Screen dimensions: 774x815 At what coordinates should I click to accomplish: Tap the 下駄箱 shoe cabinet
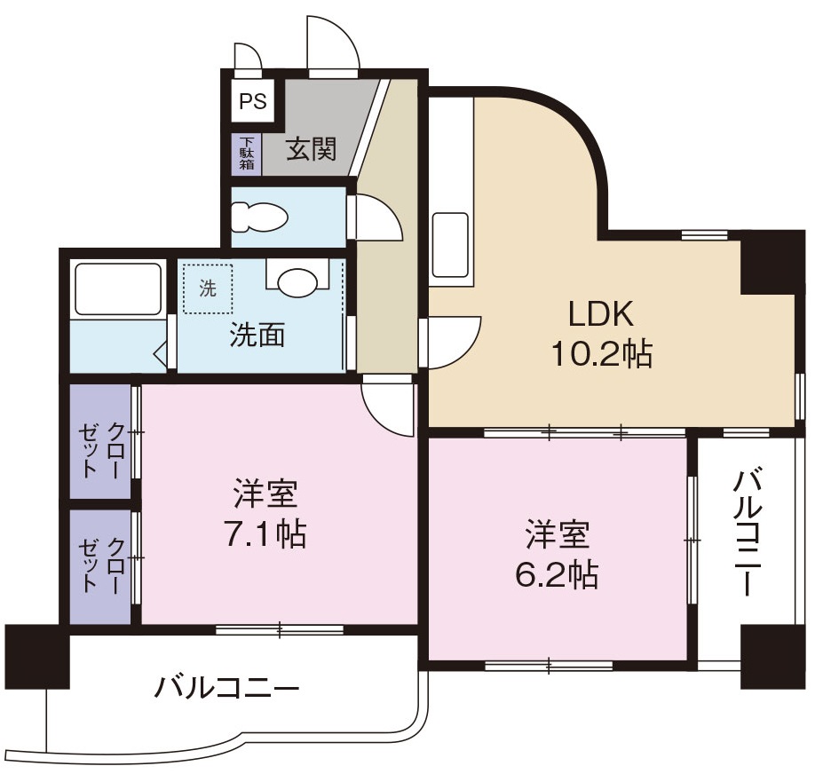tap(247, 154)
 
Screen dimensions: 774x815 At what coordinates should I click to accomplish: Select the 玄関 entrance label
tap(311, 148)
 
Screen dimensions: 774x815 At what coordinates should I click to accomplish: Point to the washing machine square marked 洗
tap(208, 288)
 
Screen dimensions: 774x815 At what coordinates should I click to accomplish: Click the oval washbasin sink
tap(297, 281)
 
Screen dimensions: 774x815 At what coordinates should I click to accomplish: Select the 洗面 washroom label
tap(257, 335)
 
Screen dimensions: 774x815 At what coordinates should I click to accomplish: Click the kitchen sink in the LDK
tap(450, 245)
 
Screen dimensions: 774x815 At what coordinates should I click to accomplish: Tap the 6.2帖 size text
tap(556, 575)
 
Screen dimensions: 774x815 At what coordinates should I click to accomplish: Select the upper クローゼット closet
tap(101, 440)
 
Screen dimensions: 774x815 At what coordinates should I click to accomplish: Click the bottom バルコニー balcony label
tap(227, 688)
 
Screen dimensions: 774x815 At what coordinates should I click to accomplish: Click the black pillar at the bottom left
tap(36, 656)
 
